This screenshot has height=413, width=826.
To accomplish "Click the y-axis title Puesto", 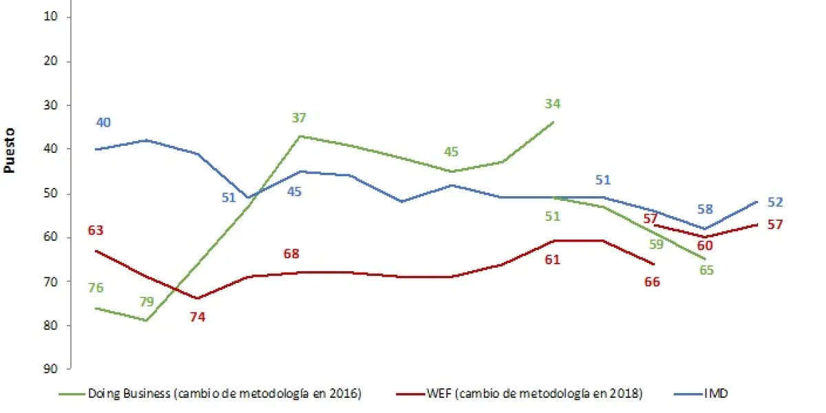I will (x=10, y=149).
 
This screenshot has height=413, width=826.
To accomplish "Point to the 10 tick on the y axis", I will (x=53, y=17).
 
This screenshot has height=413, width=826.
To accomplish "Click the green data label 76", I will (x=96, y=288).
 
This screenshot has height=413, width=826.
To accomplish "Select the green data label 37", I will (x=299, y=118).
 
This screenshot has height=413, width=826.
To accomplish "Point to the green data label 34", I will (x=553, y=104).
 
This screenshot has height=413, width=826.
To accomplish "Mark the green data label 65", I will (x=706, y=270).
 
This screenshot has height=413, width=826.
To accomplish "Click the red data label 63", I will (x=96, y=230).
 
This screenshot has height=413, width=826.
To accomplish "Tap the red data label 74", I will (x=198, y=317).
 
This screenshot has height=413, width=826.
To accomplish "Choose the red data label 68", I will (x=292, y=254).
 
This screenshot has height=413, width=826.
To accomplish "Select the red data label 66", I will (x=652, y=282).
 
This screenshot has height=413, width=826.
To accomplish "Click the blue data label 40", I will (x=103, y=123).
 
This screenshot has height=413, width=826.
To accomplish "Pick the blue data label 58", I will (x=706, y=209).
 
